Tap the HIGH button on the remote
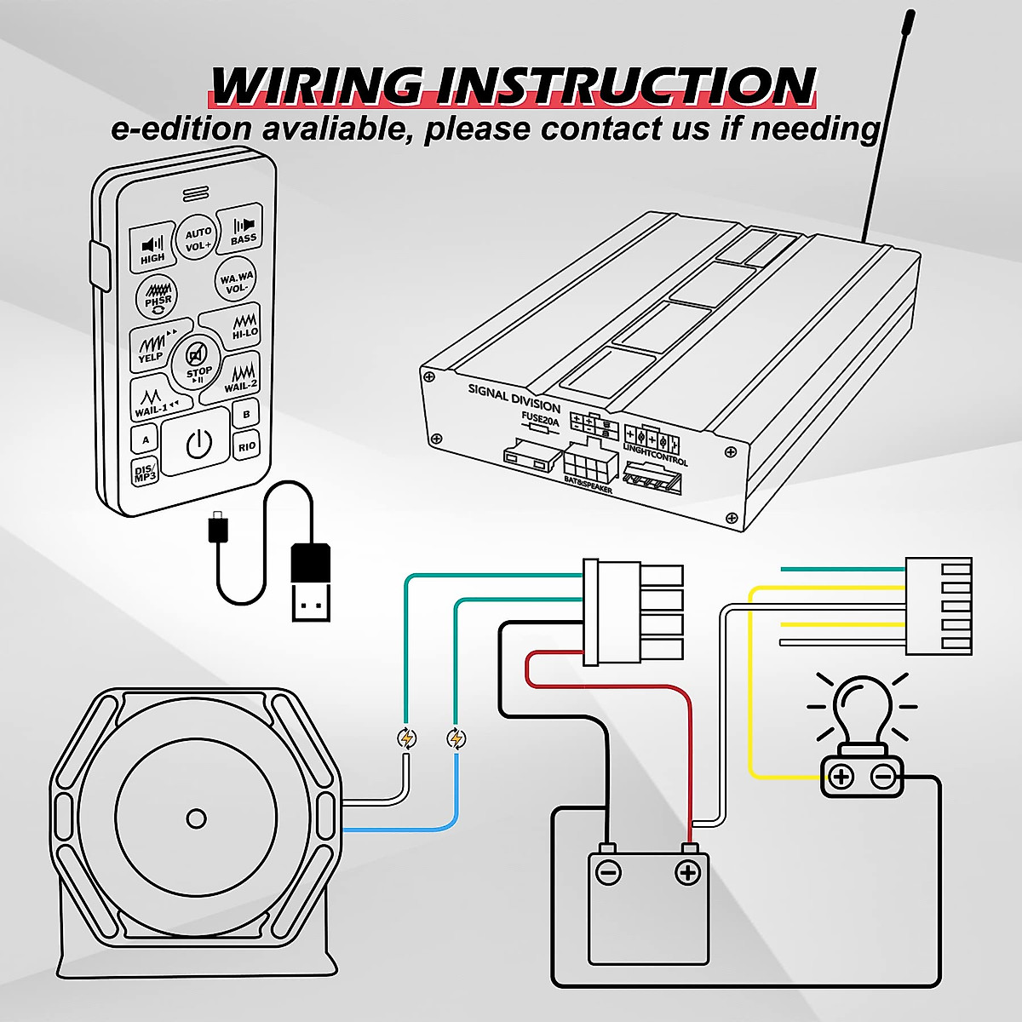pos(153,247)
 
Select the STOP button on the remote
pos(198,361)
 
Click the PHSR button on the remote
pos(158,296)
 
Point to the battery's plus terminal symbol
pos(687,871)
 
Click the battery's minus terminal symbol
pos(608,871)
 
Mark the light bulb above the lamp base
pos(862,709)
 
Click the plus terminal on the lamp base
pos(841,776)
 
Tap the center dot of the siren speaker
pos(196,818)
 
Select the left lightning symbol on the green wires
pos(408,738)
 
